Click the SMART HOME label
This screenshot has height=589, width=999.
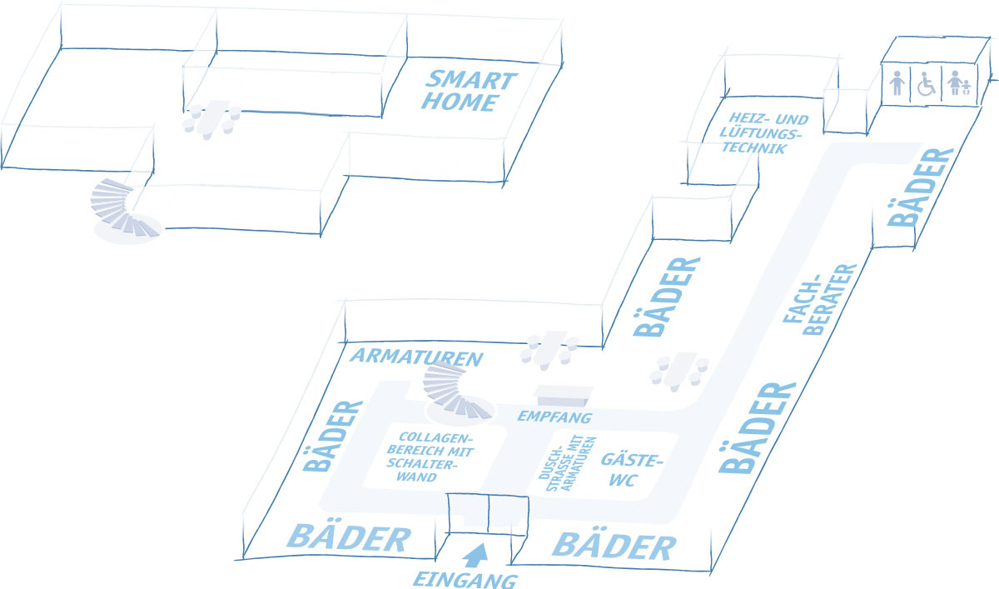point(470,92)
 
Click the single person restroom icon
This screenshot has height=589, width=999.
point(897,84)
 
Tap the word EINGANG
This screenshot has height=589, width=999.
point(466,579)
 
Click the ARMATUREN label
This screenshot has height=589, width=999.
point(417,359)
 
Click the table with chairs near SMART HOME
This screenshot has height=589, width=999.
point(212,118)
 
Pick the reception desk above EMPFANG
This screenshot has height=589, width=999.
point(565,395)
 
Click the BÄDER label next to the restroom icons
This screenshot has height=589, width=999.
point(921,187)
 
